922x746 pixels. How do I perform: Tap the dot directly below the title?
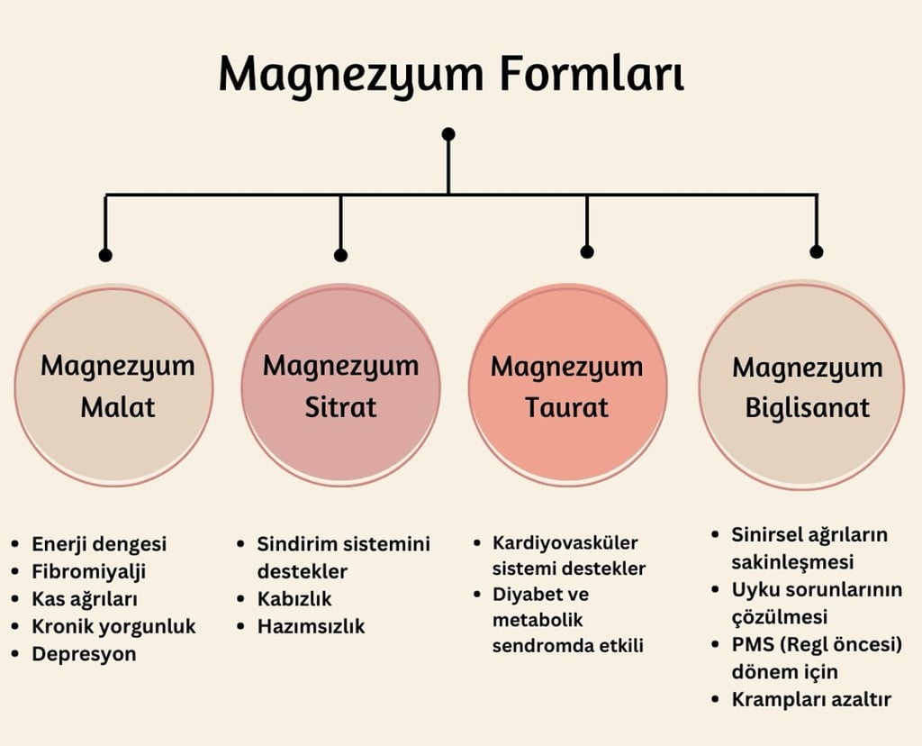coord(448,134)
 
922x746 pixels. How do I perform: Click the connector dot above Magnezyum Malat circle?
coord(105,255)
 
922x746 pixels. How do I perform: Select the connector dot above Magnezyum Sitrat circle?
coord(340,255)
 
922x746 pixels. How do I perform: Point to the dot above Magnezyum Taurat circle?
coord(587,252)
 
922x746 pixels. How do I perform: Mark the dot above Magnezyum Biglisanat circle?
coord(817,252)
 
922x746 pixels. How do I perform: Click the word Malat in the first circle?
coord(118,406)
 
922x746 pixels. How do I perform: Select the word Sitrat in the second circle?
coord(340,406)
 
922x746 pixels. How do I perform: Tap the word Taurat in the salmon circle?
coord(567,407)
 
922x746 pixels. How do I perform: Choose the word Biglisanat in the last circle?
coord(808,407)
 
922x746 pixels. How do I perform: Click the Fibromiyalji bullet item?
coord(88,571)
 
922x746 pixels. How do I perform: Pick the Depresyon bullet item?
coord(84,654)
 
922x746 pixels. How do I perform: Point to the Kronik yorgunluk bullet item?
coord(113,626)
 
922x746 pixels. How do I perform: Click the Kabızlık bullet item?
coord(294,599)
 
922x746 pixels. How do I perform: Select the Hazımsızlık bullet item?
coord(311,626)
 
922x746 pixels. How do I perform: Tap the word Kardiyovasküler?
coord(565,542)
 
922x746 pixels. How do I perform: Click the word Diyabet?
coord(529,595)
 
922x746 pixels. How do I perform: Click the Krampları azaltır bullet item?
coord(811,699)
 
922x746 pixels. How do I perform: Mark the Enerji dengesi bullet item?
coord(99,544)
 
